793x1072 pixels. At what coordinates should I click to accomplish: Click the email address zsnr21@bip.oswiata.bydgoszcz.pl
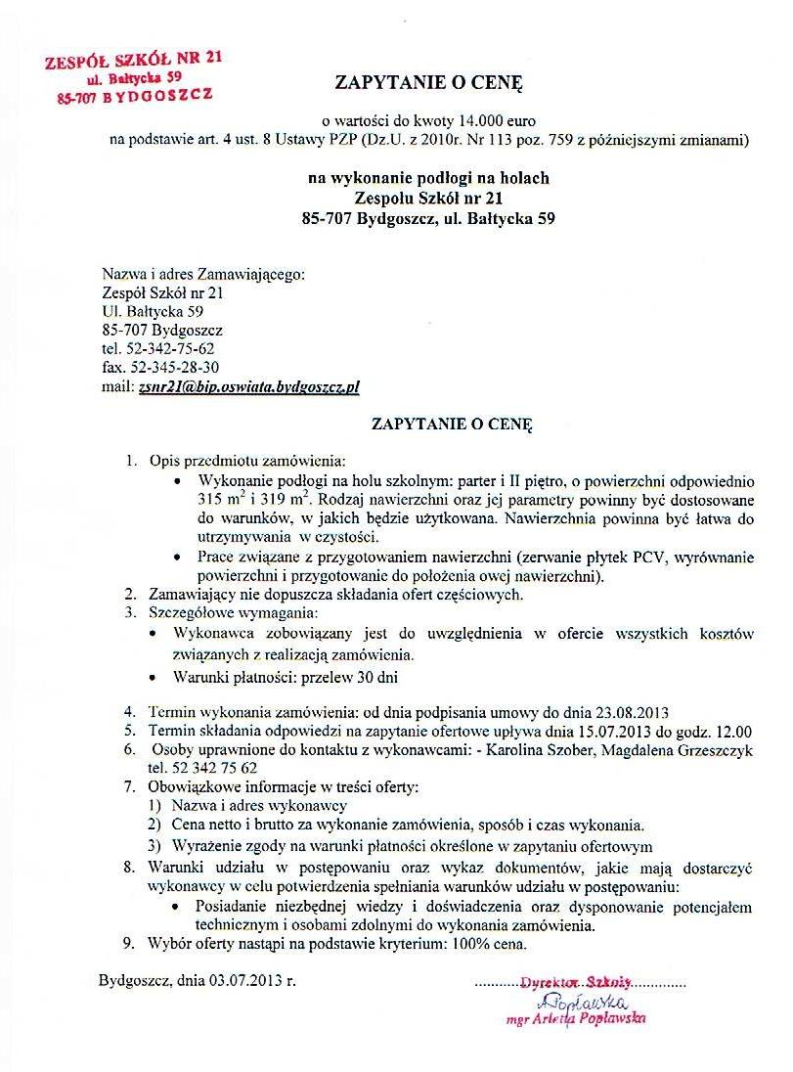point(249,386)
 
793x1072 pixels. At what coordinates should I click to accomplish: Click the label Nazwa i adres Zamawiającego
point(203,275)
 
